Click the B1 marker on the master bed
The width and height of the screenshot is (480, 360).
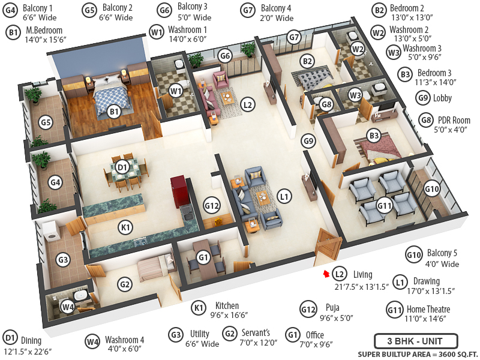point(114,111)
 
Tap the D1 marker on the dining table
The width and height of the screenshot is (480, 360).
point(122,166)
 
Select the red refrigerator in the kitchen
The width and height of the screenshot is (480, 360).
point(179,191)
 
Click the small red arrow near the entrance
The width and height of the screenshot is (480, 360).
point(326,274)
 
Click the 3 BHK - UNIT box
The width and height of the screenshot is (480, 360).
point(415,341)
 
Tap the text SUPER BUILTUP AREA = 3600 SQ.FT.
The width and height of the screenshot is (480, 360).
point(415,354)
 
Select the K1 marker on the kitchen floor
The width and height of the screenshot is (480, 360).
point(125,228)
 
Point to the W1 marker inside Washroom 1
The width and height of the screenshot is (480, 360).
point(175,91)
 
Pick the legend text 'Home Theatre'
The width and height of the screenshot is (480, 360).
point(428,310)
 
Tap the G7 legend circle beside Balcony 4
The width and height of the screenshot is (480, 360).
point(248,10)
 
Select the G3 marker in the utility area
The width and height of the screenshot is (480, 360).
point(63,260)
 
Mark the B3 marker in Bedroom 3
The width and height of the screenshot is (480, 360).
point(374,136)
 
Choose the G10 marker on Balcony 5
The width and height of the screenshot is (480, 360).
point(432,188)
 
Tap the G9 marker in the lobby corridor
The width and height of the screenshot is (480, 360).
point(308,142)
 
